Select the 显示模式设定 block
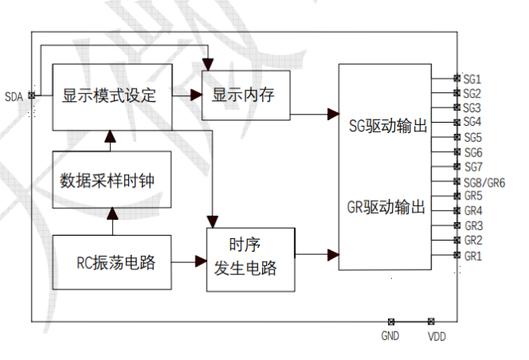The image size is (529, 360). coord(110,96)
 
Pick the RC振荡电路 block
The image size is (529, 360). coord(111,262)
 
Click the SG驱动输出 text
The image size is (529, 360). coord(387,126)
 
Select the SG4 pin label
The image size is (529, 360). coord(472,122)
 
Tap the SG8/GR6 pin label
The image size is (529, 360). coord(483,183)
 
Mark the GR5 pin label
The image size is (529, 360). coord(473,196)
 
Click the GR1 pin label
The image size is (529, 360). coord(473,256)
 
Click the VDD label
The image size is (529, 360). coord(436,337)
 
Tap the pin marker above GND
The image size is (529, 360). coord(391,321)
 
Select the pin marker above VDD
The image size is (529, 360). coord(431,321)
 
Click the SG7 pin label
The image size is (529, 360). coord(472,167)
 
